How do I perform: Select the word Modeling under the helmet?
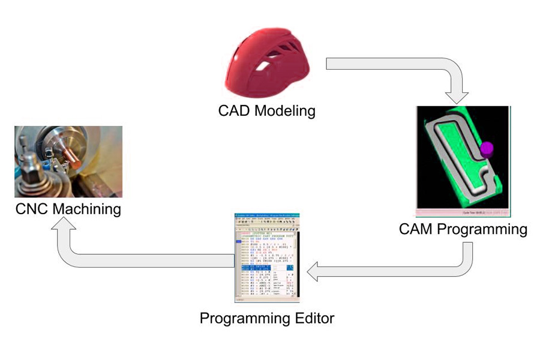[x=284, y=112]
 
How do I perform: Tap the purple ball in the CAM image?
[x=487, y=147]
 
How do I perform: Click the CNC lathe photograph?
[x=68, y=161]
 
